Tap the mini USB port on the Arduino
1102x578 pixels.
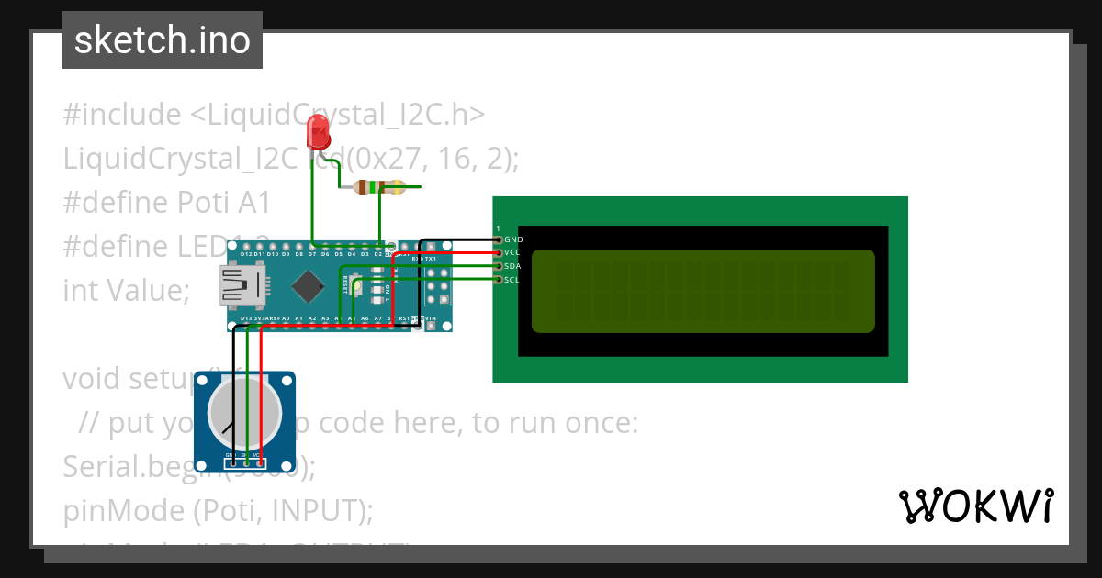236,285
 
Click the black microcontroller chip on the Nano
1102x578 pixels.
306,286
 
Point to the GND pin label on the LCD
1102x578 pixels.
513,239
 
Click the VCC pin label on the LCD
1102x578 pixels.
513,252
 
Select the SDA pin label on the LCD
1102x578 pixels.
513,266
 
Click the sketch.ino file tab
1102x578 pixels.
163,41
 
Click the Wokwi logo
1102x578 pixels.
975,506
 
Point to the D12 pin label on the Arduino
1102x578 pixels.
247,254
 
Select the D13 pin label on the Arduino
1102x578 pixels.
247,318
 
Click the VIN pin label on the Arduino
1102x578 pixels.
429,318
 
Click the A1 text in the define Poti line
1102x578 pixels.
252,202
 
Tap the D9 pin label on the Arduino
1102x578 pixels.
286,254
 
